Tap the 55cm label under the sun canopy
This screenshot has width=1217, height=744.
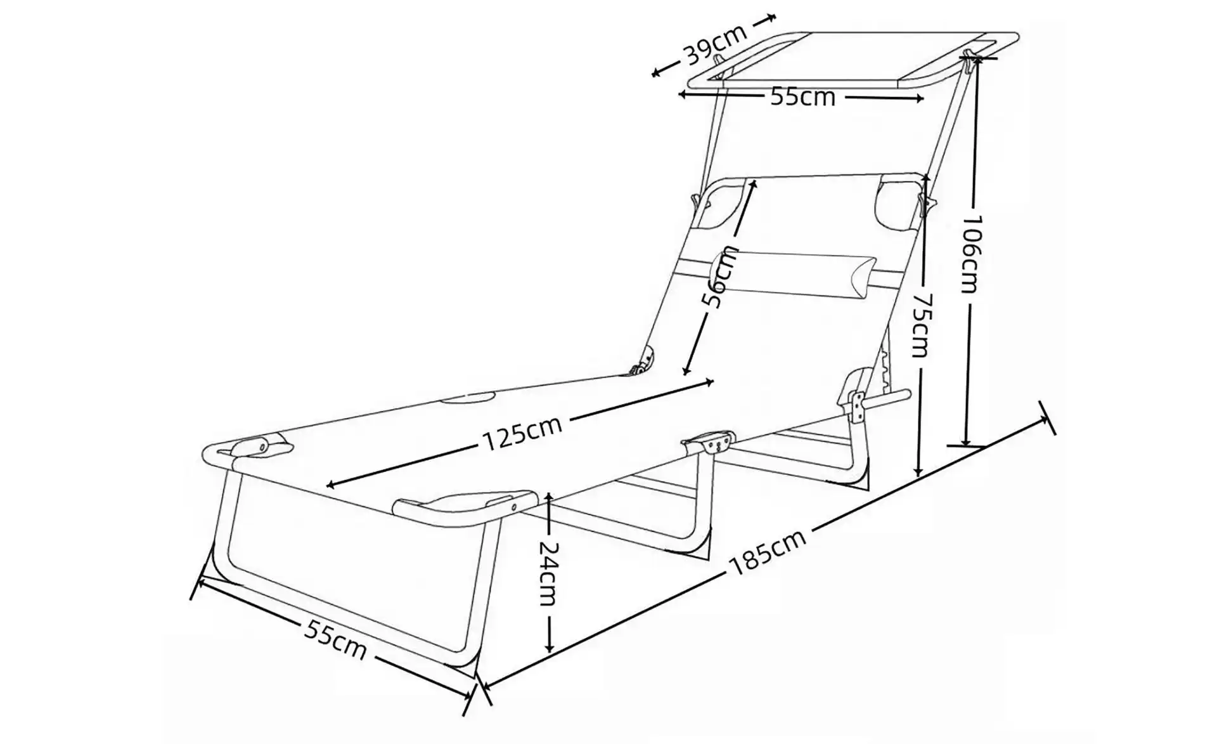tap(802, 97)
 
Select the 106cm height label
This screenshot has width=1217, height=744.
tap(970, 254)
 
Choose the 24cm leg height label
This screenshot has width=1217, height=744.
tap(549, 573)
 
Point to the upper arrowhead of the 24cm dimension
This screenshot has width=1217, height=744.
tap(549, 497)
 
